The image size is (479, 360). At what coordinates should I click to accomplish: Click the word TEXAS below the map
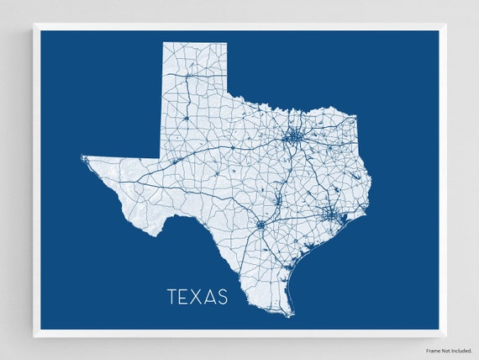coord(197,297)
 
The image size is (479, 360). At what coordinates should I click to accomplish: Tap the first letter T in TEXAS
coord(172,297)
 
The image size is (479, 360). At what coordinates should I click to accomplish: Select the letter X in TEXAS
coord(197,297)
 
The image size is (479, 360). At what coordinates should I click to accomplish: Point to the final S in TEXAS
coord(222,297)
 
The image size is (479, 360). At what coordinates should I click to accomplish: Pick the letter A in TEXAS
coord(210,297)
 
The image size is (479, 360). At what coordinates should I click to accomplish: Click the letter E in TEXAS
coord(185,297)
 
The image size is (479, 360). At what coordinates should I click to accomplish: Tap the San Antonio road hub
coord(261,225)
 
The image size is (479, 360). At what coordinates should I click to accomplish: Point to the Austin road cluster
coord(278,199)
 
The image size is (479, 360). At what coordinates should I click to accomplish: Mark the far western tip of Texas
coord(82,157)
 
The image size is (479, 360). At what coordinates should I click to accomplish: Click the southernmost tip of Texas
coord(290,315)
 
